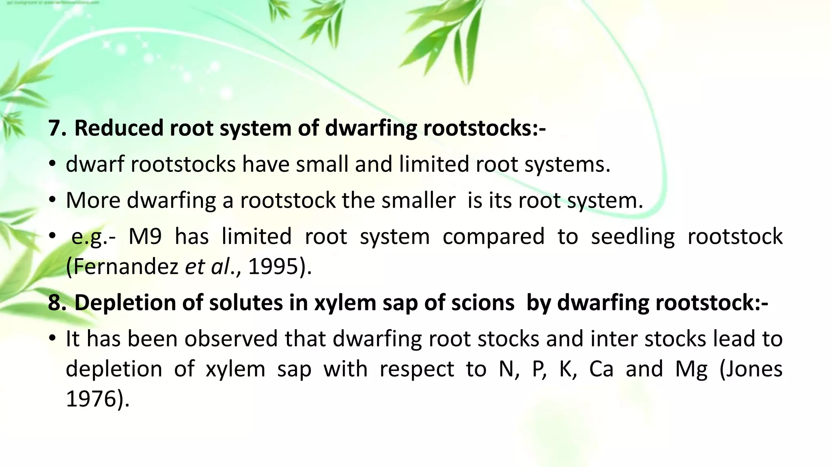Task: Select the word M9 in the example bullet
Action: click(x=145, y=237)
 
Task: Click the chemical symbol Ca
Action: click(x=601, y=369)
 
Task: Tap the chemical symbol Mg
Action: click(x=691, y=370)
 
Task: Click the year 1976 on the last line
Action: click(x=91, y=399)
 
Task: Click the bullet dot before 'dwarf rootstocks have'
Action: click(x=52, y=164)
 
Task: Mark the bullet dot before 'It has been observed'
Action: click(x=52, y=338)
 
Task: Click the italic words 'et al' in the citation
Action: click(x=207, y=267)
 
